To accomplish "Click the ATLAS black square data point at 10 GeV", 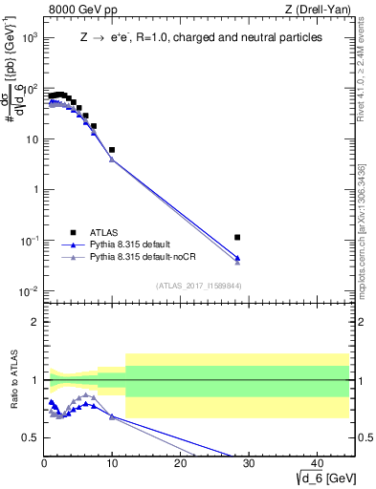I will click(112, 150).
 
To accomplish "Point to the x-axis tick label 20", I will click(180, 462).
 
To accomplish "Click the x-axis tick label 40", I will click(317, 462).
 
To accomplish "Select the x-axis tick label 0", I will click(44, 462).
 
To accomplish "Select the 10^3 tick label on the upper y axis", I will click(28, 37).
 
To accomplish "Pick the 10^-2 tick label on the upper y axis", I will click(28, 290).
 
